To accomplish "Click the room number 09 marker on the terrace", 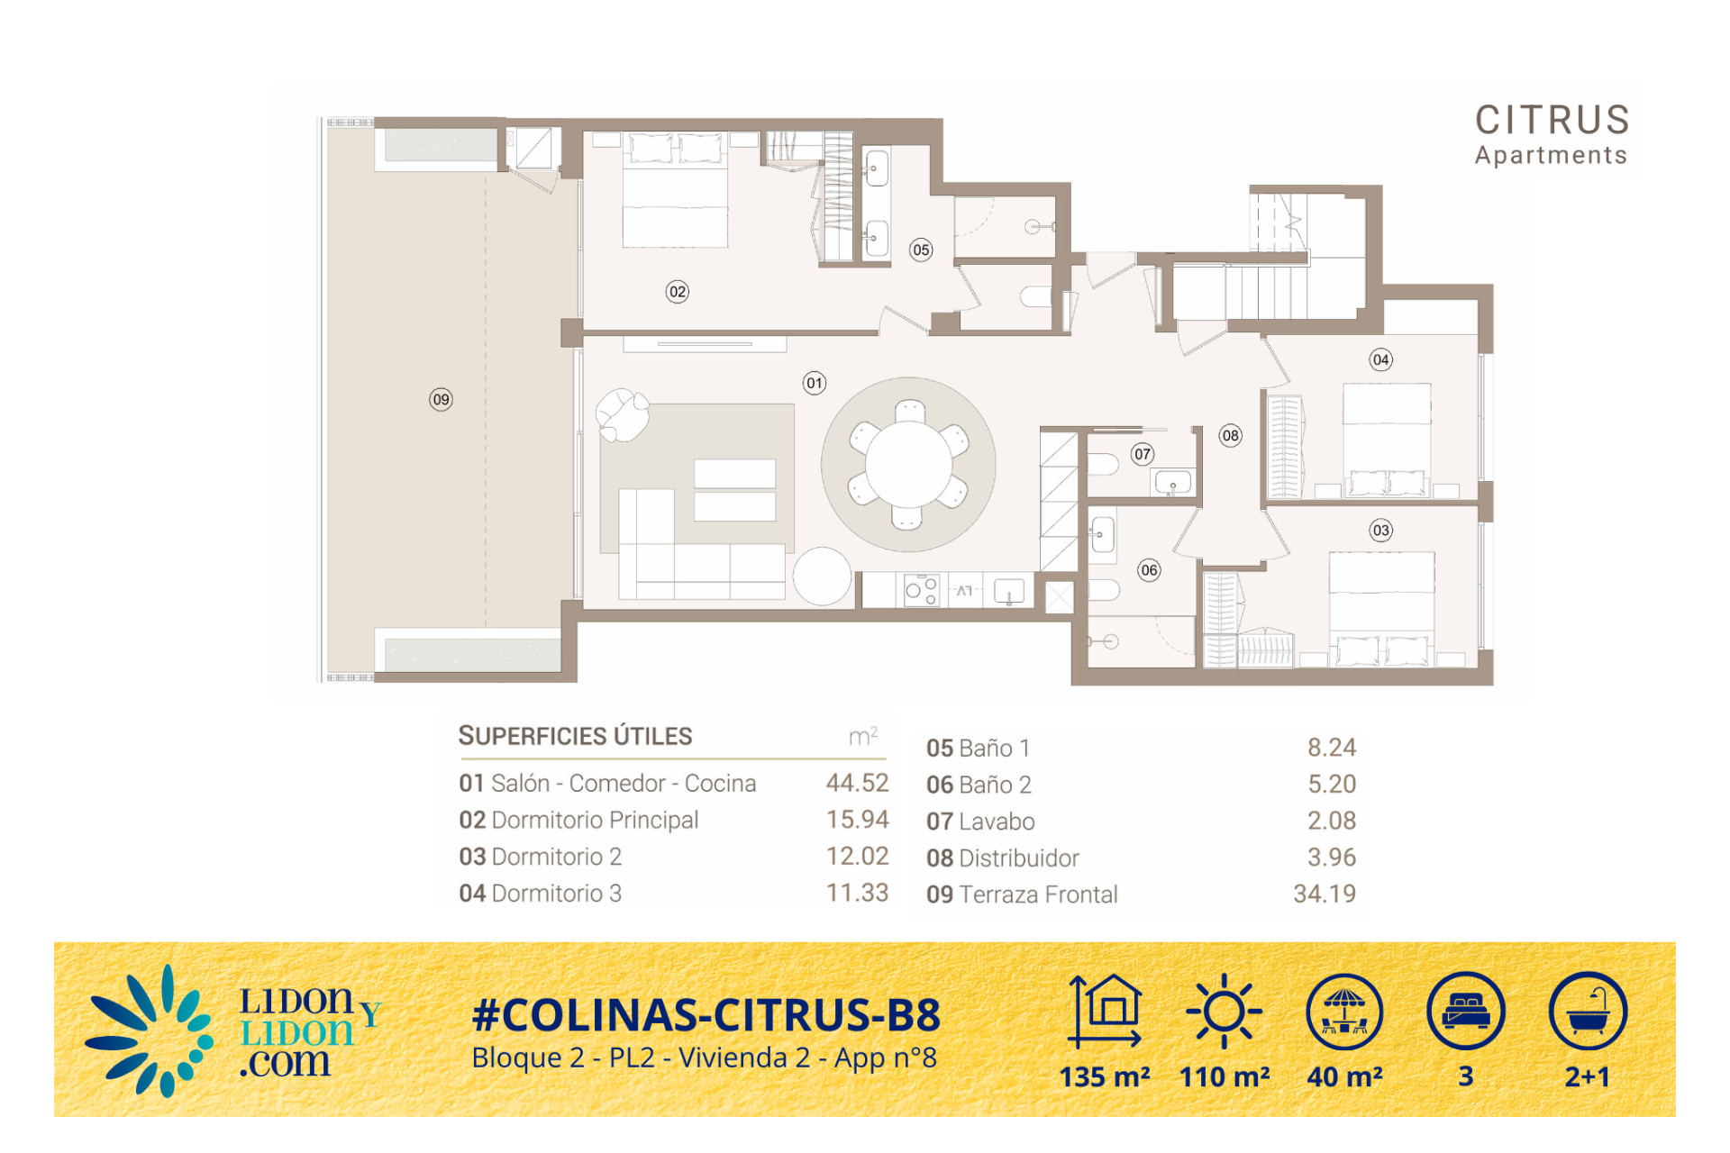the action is [x=441, y=399].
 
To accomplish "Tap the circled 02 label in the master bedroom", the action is [x=678, y=291].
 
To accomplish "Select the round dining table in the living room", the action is [x=908, y=464].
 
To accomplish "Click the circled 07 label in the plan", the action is [x=1143, y=454].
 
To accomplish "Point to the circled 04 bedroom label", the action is [x=1381, y=359].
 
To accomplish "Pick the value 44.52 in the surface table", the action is [x=857, y=783].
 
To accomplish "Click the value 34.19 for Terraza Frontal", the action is [x=1325, y=894].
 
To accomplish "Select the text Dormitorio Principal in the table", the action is [x=595, y=820].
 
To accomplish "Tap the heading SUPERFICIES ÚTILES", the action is [x=575, y=736].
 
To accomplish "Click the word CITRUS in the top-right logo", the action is [x=1552, y=120].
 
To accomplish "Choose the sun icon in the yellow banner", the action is [x=1224, y=1011].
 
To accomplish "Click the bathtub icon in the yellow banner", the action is [x=1588, y=1011].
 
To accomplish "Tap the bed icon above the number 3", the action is [x=1466, y=1011].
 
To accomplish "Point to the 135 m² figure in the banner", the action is [x=1105, y=1076].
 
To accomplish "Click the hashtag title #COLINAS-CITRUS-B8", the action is [x=706, y=1015].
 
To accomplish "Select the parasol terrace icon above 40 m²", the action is [x=1344, y=1011].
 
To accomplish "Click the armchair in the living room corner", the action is [x=623, y=414].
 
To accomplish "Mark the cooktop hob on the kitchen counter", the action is [x=921, y=590].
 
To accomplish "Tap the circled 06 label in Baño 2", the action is [x=1149, y=569].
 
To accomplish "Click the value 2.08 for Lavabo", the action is [x=1332, y=821].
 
